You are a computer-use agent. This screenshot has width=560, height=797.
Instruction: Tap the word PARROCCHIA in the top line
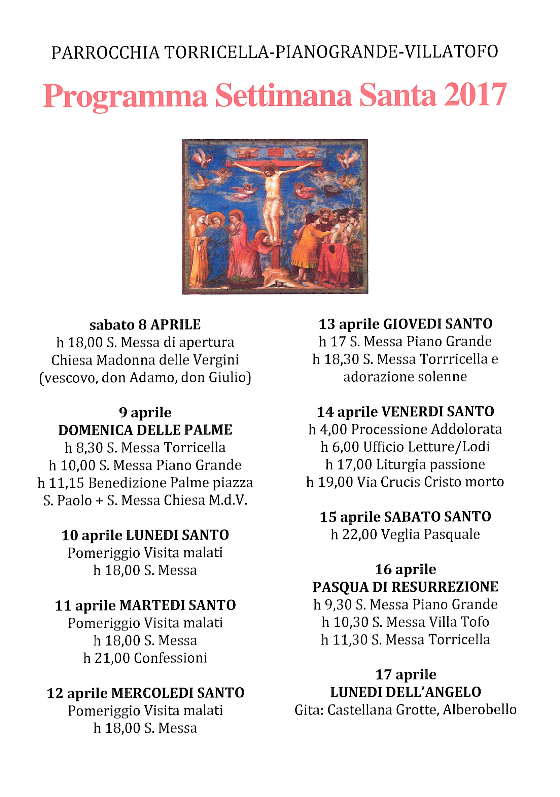click(x=105, y=53)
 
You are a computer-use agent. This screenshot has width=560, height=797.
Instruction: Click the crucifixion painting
click(x=275, y=217)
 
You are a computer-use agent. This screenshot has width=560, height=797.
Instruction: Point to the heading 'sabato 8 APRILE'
click(x=145, y=325)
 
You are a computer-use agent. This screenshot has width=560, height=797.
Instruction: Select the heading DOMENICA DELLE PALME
click(x=145, y=430)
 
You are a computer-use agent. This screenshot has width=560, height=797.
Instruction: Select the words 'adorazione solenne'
click(x=405, y=377)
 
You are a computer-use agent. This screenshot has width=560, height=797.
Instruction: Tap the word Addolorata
click(x=466, y=429)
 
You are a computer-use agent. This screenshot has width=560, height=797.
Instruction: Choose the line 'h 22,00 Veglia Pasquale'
click(x=405, y=534)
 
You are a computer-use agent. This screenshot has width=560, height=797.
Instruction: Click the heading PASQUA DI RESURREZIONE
click(x=405, y=587)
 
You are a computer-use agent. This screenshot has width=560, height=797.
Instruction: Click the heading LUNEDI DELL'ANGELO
click(x=405, y=692)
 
